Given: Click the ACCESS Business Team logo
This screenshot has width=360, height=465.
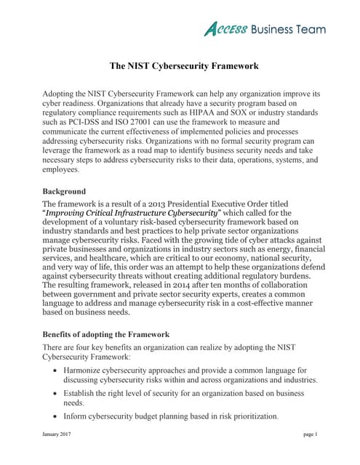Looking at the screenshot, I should click(x=264, y=28).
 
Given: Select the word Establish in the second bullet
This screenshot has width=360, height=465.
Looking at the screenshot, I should click(x=92, y=392).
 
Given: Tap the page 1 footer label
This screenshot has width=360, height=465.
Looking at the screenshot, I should click(x=311, y=434).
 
